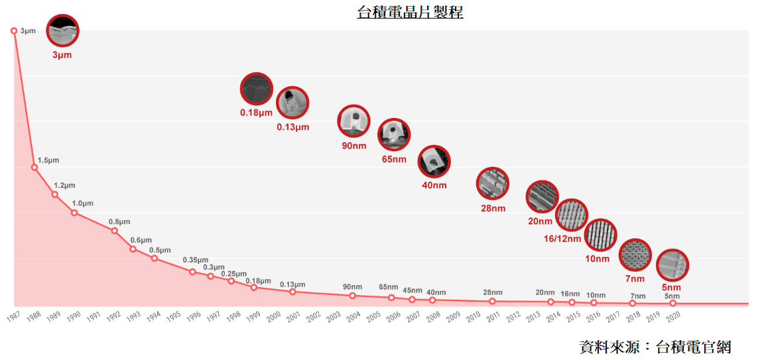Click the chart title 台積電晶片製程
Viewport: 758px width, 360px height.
tap(410, 13)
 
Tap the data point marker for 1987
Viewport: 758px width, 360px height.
tap(14, 30)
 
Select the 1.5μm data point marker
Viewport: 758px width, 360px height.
tap(34, 167)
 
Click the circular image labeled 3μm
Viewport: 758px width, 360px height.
tap(62, 30)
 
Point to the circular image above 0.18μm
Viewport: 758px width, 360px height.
tap(256, 89)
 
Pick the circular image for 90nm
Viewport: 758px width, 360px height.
tap(354, 121)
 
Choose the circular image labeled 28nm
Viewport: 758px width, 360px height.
tap(493, 184)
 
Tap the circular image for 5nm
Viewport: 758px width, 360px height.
tap(672, 265)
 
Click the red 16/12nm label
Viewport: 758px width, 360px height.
tap(562, 239)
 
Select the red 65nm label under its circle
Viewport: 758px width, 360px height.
tap(394, 160)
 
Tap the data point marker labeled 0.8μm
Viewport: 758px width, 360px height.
tap(115, 231)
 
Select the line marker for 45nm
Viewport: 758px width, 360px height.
tap(412, 300)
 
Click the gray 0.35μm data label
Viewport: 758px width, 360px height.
tap(195, 260)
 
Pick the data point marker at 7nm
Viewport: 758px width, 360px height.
tap(633, 303)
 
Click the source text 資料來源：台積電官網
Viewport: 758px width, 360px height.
tap(655, 347)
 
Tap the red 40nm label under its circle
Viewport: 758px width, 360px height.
tap(434, 185)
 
